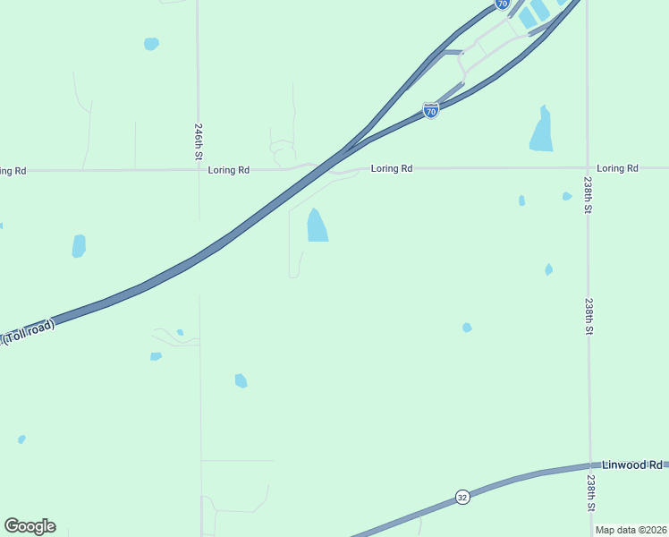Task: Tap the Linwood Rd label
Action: [631, 465]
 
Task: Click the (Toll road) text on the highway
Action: [29, 332]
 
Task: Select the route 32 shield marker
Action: [462, 497]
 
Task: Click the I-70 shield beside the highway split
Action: [431, 111]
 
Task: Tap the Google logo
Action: [30, 525]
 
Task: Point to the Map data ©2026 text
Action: [631, 530]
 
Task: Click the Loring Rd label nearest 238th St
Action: [617, 168]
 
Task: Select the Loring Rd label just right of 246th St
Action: [228, 169]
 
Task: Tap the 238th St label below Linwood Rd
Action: [590, 493]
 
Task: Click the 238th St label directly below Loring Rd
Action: [589, 194]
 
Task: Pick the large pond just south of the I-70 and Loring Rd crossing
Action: [318, 226]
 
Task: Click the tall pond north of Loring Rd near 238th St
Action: [542, 130]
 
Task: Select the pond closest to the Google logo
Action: [21, 439]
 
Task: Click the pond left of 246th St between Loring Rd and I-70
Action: [79, 245]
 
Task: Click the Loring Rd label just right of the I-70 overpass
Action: [392, 168]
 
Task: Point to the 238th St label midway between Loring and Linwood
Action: [589, 316]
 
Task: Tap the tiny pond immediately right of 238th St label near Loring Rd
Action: [567, 196]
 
